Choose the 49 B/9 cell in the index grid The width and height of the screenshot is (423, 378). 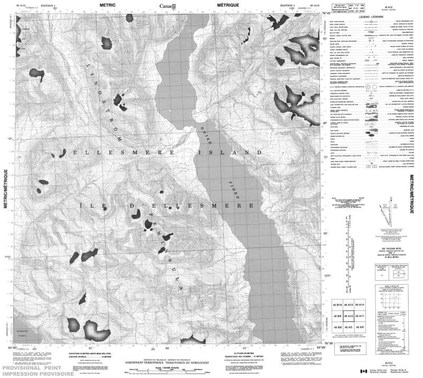336,317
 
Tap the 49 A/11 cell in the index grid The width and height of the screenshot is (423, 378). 360,317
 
